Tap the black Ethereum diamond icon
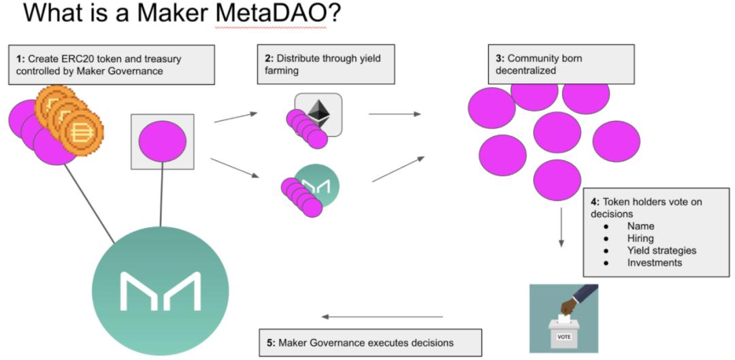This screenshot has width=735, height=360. [318, 112]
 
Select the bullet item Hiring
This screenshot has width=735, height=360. [640, 238]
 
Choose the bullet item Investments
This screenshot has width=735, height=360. [654, 263]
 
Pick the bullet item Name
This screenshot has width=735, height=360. [641, 226]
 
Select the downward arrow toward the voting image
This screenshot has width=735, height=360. [561, 227]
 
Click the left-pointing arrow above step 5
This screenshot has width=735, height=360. [382, 316]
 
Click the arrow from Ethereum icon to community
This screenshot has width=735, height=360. [395, 114]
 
